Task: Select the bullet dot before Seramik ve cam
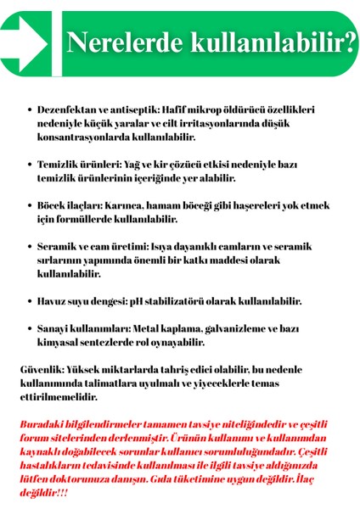tap(30, 247)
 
